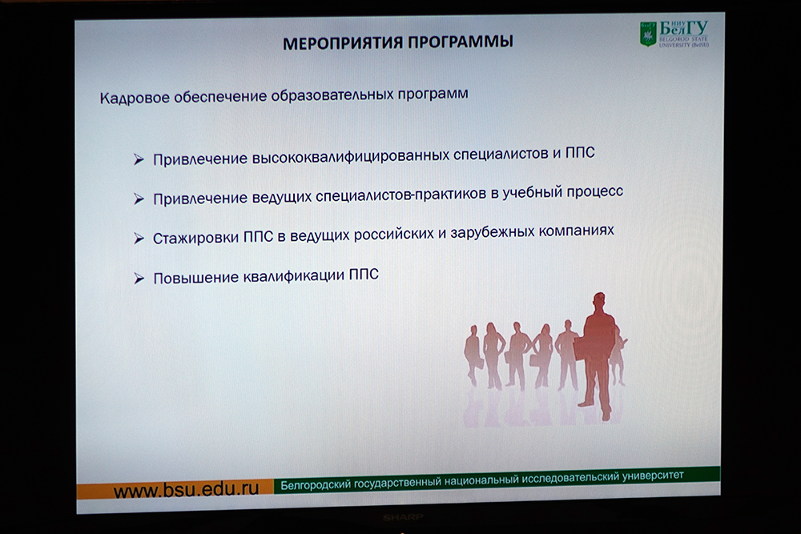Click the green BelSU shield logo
tap(648, 34)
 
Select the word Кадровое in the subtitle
tap(135, 98)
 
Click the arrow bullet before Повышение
tap(139, 279)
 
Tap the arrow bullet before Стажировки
tap(139, 239)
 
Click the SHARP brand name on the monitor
tap(403, 518)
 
